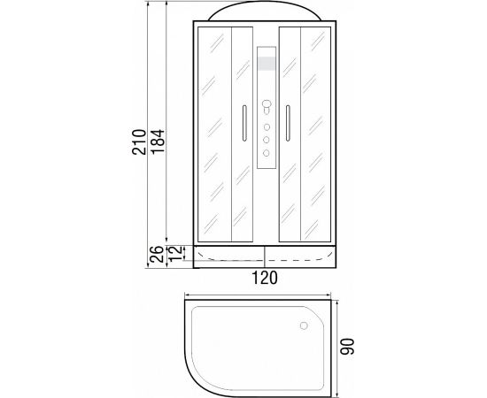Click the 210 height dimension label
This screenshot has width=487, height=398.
139,142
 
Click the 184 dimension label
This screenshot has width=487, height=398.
158,142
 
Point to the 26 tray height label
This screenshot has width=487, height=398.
156,254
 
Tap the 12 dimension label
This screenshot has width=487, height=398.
176,253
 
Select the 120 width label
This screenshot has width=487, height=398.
265,278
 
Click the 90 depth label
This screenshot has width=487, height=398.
347,347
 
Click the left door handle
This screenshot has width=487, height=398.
244,123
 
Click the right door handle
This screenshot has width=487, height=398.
288,123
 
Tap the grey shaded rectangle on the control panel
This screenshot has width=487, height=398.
267,64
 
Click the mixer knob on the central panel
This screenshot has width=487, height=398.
267,106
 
